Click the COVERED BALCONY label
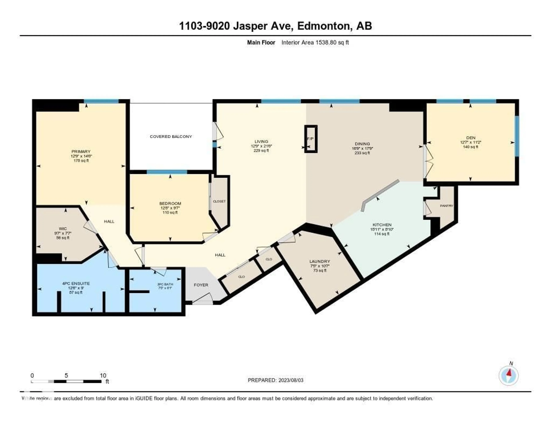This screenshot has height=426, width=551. pyautogui.click(x=171, y=137)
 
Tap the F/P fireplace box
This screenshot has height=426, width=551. pyautogui.click(x=311, y=139)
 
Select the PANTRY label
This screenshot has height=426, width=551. pyautogui.click(x=446, y=206)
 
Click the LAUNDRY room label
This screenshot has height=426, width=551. pyautogui.click(x=320, y=261)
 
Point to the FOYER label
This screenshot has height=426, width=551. pyautogui.click(x=201, y=285)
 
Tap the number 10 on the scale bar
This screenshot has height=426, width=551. pyautogui.click(x=103, y=375)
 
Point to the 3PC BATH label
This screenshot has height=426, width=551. pyautogui.click(x=165, y=284)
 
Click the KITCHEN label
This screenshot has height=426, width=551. pyautogui.click(x=382, y=225)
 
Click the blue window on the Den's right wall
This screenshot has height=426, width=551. pyautogui.click(x=517, y=136)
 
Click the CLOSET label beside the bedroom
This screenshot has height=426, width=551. pyautogui.click(x=219, y=202)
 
